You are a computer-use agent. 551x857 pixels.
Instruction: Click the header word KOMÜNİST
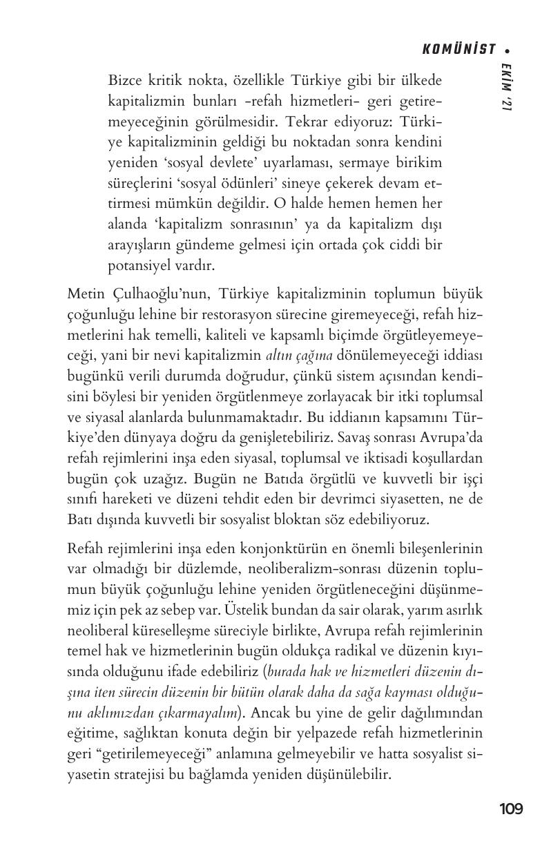pos(459,49)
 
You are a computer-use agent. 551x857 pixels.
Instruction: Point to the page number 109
pos(511,809)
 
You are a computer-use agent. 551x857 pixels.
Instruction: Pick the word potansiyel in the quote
pos(139,265)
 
